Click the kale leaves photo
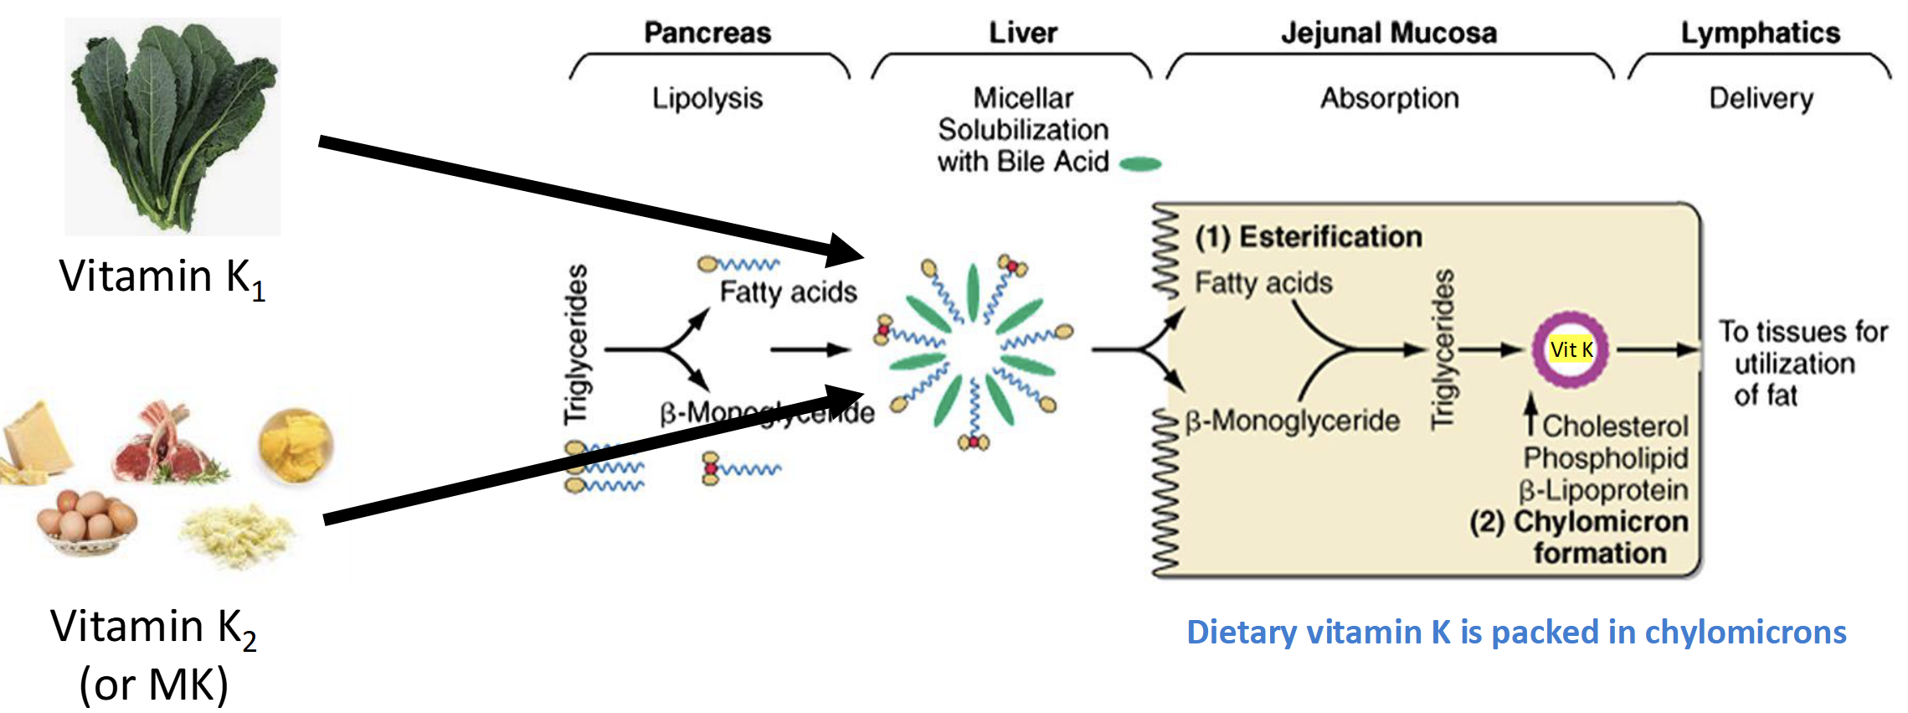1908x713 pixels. pyautogui.click(x=173, y=126)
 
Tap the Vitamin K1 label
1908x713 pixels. pyautogui.click(x=162, y=277)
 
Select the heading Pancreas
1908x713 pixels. pyautogui.click(x=707, y=33)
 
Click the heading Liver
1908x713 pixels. pyautogui.click(x=1023, y=33)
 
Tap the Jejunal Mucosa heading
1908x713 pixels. pyautogui.click(x=1389, y=33)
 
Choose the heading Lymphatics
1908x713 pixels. pyautogui.click(x=1761, y=33)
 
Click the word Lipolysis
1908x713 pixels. pyautogui.click(x=707, y=98)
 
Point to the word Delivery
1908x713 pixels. pyautogui.click(x=1761, y=98)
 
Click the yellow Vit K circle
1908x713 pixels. pyautogui.click(x=1571, y=349)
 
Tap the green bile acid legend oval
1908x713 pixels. pyautogui.click(x=1140, y=164)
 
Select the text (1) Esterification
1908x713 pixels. pyautogui.click(x=1309, y=237)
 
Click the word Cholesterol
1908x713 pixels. pyautogui.click(x=1615, y=426)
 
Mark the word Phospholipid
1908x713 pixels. pyautogui.click(x=1606, y=458)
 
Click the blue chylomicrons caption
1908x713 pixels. pyautogui.click(x=1516, y=632)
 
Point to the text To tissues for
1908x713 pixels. pyautogui.click(x=1803, y=332)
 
